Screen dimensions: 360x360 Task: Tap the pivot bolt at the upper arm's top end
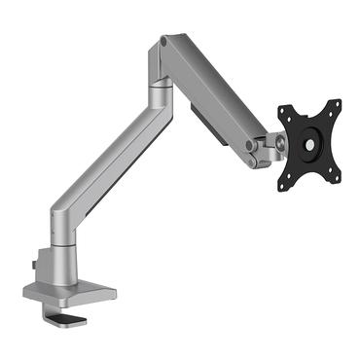(x=165, y=43)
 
